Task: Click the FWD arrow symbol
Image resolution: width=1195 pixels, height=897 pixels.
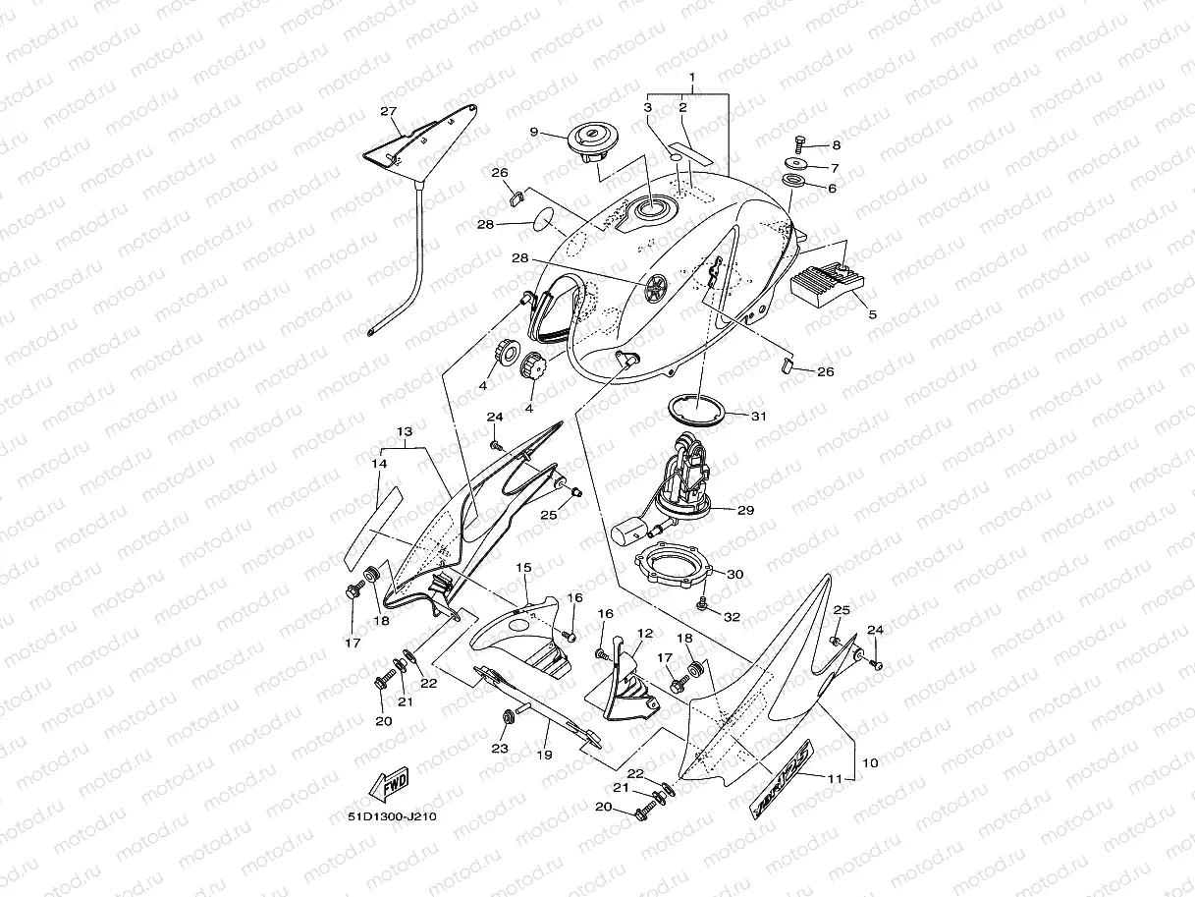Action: [390, 786]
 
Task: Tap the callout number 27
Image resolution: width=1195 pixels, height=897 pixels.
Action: [388, 111]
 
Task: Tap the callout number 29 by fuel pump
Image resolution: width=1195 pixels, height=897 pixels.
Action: [746, 510]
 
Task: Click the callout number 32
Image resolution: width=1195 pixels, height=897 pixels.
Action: [732, 617]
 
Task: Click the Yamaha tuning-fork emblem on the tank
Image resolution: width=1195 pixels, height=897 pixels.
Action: [655, 286]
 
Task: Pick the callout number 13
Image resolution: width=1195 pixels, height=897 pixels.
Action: [405, 431]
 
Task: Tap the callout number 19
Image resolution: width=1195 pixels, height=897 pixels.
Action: [545, 755]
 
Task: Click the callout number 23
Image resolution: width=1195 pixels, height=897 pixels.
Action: [500, 749]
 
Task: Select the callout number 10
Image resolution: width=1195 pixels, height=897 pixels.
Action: [870, 761]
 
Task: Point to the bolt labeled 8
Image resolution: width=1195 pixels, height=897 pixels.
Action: [798, 143]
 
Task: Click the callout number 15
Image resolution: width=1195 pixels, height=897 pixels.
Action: [522, 568]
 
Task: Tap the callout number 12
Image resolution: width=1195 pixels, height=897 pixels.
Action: [645, 634]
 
